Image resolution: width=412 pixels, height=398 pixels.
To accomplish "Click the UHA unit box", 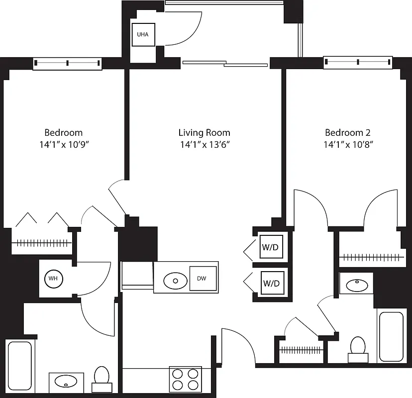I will coord(143,35).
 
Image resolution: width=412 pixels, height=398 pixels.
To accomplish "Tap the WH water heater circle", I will coord(53,278).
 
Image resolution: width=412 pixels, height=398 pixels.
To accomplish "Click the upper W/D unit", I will coord(271,246).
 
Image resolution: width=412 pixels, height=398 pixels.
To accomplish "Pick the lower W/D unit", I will coord(271,284).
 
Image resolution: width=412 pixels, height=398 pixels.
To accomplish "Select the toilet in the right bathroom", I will coord(358,348).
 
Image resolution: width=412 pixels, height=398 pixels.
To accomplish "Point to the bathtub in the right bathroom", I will coord(390,336).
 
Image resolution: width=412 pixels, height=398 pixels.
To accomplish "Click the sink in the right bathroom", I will coord(356,285).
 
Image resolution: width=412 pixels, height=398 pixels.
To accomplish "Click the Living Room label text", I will coord(204,133).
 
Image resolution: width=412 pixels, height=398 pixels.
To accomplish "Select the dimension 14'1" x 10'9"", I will coord(63,145).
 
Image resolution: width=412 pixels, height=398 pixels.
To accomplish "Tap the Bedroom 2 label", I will coord(347,133).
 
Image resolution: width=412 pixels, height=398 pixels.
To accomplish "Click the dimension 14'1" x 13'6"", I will coord(204,145).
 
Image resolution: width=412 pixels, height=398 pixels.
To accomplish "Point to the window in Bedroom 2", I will coord(358,62).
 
